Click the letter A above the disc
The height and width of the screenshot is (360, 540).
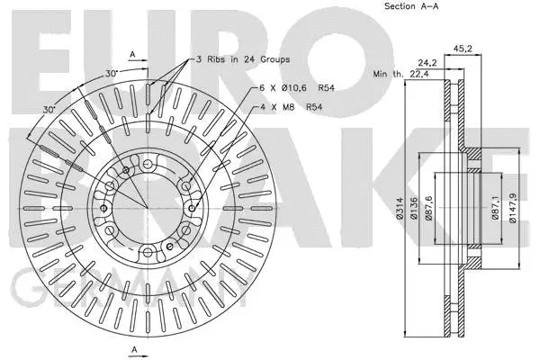pos(133,53)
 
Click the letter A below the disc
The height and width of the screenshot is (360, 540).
pos(133,348)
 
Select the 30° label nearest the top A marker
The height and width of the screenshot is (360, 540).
pos(110,72)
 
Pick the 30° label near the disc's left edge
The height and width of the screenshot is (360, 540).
pos(49,109)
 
